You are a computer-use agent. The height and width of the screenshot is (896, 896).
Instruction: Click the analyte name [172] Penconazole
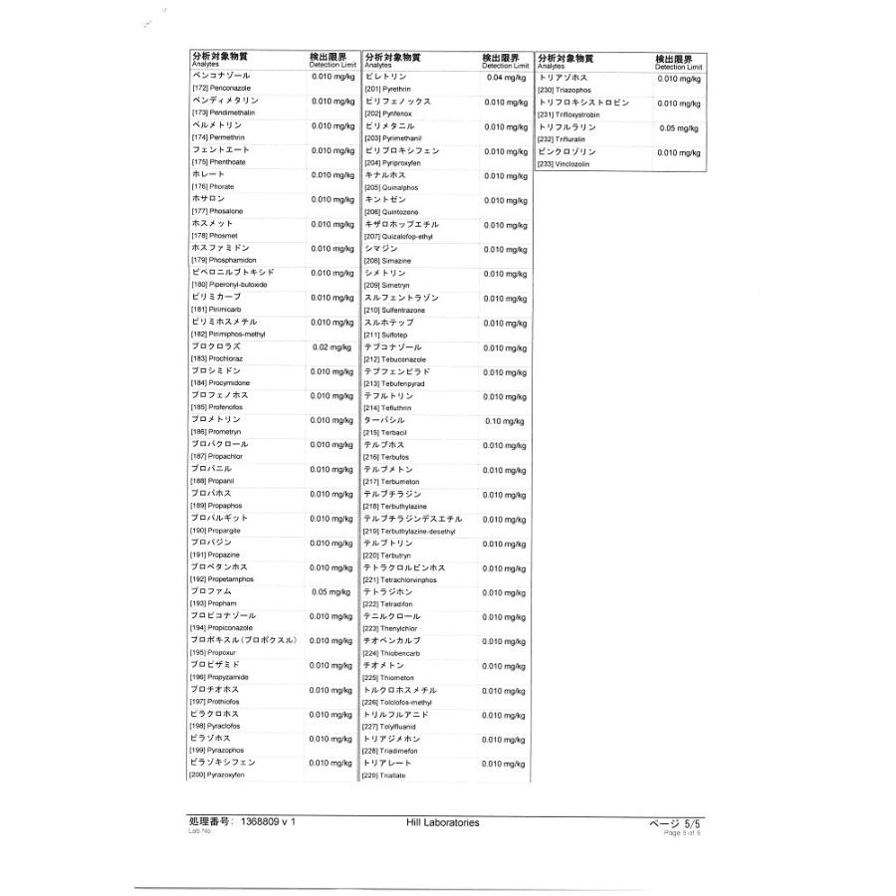[x=214, y=88]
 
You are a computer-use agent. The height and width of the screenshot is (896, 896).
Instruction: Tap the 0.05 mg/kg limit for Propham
[x=332, y=592]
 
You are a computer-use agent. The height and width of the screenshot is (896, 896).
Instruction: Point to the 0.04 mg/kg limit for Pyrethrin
[x=506, y=78]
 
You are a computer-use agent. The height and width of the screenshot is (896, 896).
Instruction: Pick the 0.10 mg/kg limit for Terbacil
[x=506, y=421]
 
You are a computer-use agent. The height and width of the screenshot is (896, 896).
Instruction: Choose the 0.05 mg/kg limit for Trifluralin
[x=679, y=128]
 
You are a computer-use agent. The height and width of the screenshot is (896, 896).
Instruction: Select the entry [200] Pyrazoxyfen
[x=217, y=775]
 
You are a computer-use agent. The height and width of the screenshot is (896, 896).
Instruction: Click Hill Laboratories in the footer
[x=443, y=822]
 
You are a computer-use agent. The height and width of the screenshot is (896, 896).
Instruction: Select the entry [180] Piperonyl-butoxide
[x=225, y=285]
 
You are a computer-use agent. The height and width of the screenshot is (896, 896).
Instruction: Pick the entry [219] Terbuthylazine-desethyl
[x=409, y=531]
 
